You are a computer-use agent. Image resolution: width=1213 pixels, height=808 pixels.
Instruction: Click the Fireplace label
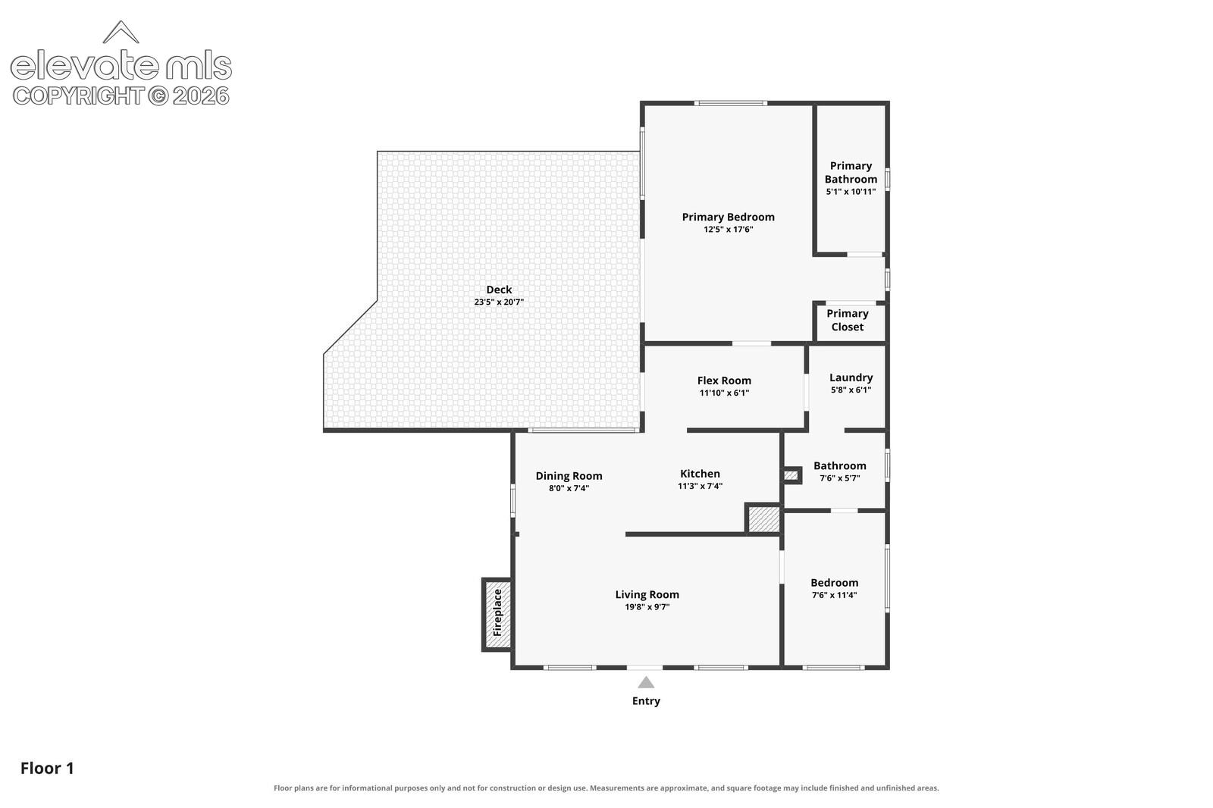click(497, 612)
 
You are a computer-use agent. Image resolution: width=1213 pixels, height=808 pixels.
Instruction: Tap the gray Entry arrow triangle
click(645, 682)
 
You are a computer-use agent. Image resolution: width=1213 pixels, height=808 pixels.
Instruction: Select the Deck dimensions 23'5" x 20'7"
click(499, 302)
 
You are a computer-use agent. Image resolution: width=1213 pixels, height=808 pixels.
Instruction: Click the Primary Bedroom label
click(728, 217)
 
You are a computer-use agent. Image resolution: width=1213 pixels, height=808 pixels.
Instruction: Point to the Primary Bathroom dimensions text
click(851, 192)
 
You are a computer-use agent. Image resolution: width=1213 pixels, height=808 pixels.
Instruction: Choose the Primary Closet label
click(848, 320)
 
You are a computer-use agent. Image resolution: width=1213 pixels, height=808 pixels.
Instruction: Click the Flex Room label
click(724, 381)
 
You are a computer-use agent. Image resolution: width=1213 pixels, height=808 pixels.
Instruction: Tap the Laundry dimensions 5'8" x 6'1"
click(851, 390)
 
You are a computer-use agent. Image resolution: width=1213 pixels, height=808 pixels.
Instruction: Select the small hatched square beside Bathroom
click(791, 475)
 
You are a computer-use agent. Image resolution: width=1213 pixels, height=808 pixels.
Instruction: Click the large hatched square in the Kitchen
click(763, 518)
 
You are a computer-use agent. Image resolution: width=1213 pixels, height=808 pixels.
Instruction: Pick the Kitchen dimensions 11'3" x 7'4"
click(700, 487)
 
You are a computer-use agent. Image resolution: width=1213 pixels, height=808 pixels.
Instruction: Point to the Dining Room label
click(569, 475)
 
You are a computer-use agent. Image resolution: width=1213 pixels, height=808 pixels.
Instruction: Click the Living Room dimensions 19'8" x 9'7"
click(647, 607)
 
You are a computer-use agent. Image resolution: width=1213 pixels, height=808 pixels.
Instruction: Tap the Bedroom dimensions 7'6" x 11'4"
click(834, 595)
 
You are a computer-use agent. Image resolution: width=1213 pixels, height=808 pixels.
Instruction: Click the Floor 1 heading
click(47, 768)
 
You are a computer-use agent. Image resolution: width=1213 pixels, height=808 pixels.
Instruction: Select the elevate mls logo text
click(121, 65)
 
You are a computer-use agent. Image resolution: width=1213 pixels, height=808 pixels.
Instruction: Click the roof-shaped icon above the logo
click(121, 32)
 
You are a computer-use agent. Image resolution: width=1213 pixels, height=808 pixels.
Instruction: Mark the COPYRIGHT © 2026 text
click(121, 96)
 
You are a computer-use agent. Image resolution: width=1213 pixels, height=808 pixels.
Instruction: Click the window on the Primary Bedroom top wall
click(731, 103)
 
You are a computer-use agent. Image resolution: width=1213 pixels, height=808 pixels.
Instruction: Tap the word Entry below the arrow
click(646, 701)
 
